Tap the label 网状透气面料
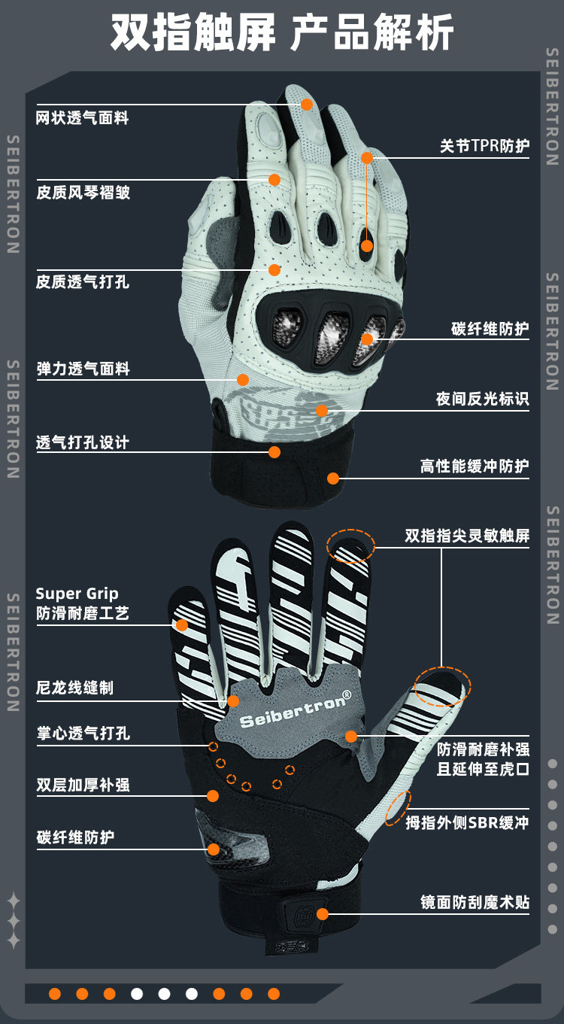coord(83,118)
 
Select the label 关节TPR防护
coord(484,146)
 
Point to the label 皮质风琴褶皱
coord(83,193)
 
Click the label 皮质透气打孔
coord(83,282)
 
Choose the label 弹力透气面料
coord(83,369)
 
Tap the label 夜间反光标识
coord(482,399)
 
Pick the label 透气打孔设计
coord(83,442)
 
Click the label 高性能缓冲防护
coord(475,466)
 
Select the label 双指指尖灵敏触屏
coord(467,536)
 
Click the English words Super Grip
coord(77,594)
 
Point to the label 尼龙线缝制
coord(75,688)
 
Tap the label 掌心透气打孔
coord(83,733)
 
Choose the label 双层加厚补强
coord(83,785)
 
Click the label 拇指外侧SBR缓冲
coord(467,822)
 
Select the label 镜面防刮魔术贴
coord(475,902)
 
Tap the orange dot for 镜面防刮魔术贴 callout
coord(323,914)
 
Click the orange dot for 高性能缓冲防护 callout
coord(333,478)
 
